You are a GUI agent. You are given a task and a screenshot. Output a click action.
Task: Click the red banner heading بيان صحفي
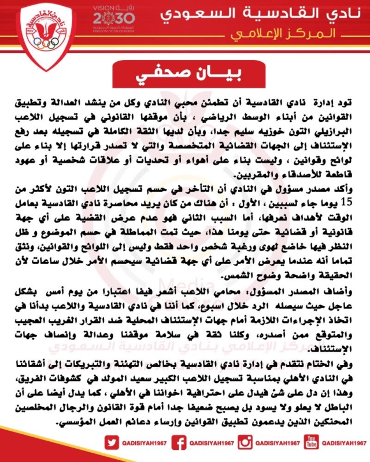(x=184, y=76)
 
